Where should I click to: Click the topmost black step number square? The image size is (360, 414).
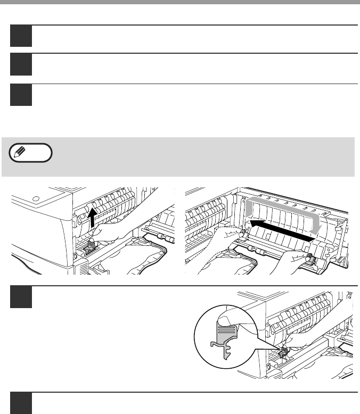click(21, 36)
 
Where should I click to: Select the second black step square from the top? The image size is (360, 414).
click(21, 64)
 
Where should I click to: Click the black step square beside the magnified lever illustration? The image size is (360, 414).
click(21, 296)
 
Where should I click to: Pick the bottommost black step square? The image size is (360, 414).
click(21, 404)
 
